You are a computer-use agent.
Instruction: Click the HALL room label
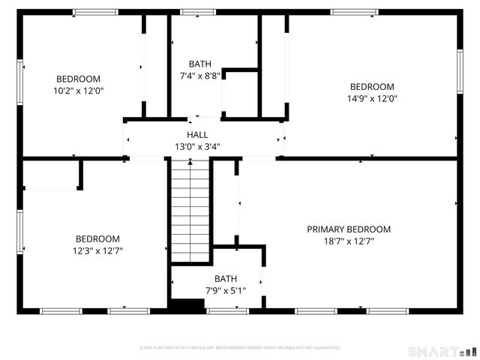pos(197,134)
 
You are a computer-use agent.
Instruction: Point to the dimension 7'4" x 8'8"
pos(199,76)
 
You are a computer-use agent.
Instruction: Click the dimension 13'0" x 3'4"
pos(197,147)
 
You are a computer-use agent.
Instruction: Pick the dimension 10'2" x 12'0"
pos(78,91)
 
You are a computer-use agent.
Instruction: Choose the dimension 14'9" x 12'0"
pos(371,98)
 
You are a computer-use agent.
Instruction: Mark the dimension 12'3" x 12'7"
pos(97,251)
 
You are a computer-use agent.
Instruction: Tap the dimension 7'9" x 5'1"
pos(226,290)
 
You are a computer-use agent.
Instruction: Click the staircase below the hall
pos(190,210)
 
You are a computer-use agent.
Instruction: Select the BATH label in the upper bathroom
pos(199,64)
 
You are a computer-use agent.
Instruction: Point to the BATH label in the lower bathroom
pos(226,278)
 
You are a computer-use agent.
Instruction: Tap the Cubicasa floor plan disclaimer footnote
pos(240,348)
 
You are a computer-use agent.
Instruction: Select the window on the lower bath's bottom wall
pos(226,310)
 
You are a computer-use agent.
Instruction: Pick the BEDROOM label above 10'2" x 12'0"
pos(78,79)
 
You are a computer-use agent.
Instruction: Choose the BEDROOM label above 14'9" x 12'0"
pos(371,86)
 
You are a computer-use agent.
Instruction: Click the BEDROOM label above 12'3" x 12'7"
pos(97,239)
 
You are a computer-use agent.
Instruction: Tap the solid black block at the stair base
pos(187,304)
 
